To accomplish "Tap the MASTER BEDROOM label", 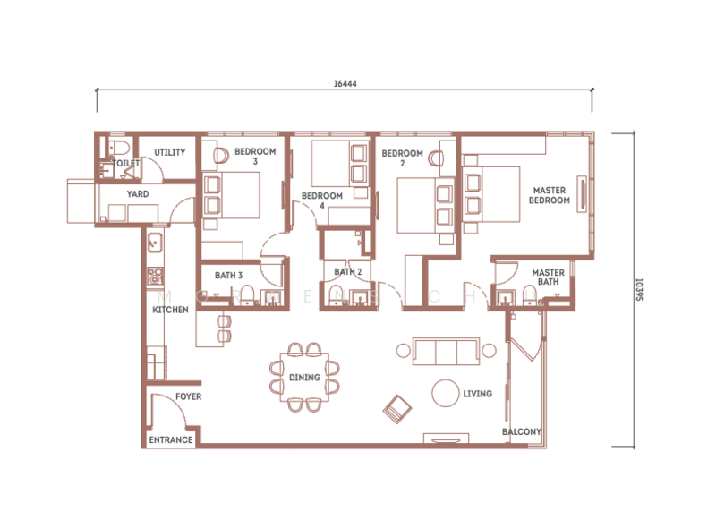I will [550, 195].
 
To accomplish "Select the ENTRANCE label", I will [170, 440].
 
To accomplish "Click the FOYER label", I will [188, 396].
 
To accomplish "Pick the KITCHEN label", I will [170, 310].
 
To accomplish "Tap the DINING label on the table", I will [304, 378].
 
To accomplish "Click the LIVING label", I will [477, 393].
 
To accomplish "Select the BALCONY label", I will [521, 432].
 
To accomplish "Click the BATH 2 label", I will [347, 271].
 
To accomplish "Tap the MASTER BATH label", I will [548, 277].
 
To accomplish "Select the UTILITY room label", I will [169, 152].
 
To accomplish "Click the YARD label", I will [138, 193].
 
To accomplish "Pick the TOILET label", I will [127, 164].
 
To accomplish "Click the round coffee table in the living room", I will [445, 393].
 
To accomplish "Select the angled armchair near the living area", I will [396, 409].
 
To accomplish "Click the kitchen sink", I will [154, 241].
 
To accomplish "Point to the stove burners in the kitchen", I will [154, 276].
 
